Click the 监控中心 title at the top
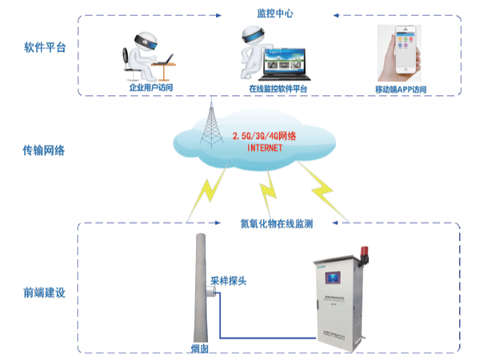point(275,14)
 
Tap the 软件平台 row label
point(44,48)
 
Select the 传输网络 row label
point(44,150)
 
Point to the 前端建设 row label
point(44,293)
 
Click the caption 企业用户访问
point(151,88)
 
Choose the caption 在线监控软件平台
point(278,89)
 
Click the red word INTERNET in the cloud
point(265,147)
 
